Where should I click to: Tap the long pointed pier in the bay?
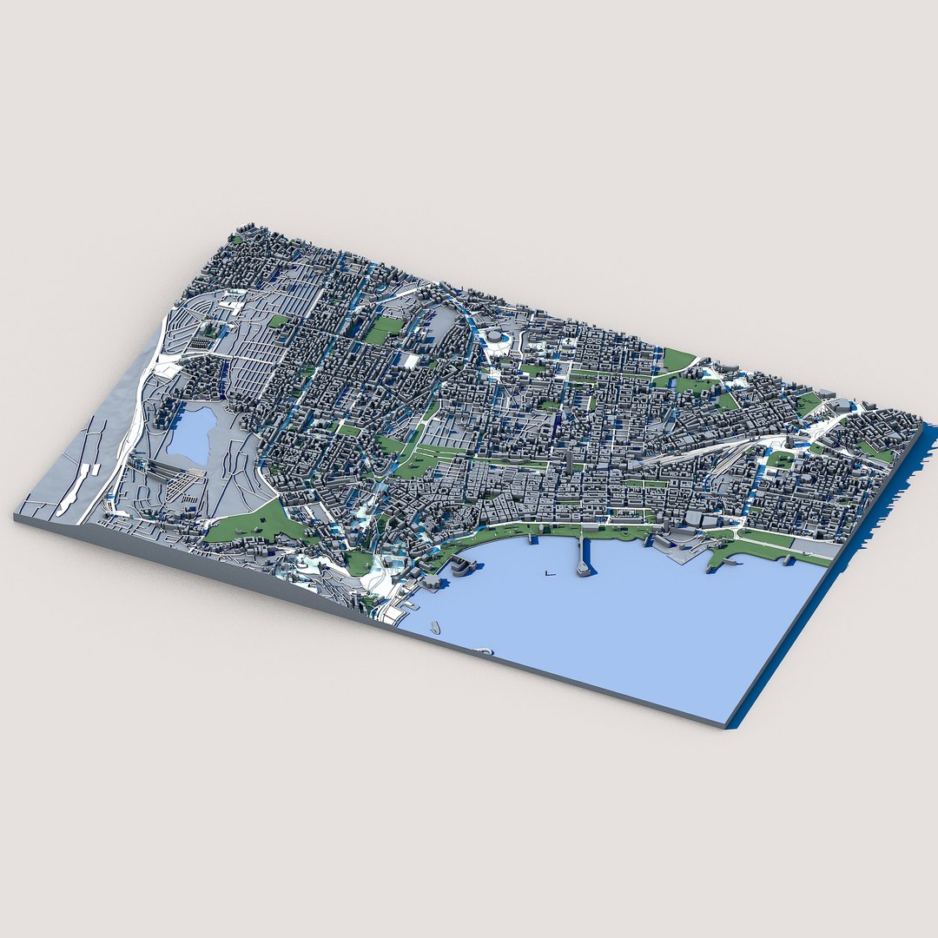click(582, 557)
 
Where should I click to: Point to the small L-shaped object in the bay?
click(548, 572)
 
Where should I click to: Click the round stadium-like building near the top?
click(495, 337)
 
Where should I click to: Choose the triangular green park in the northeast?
click(677, 359)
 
